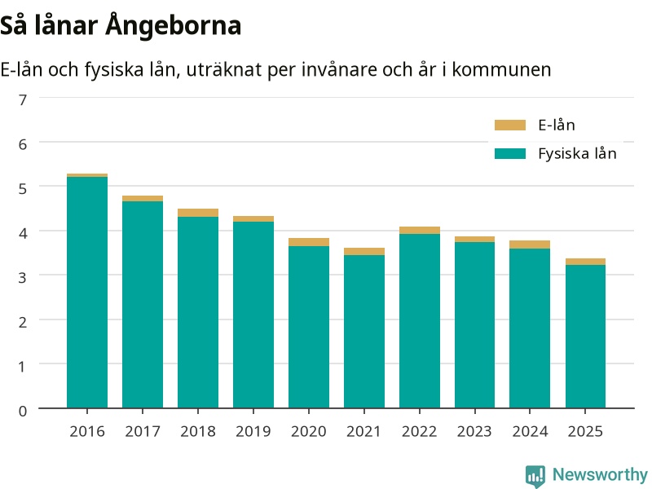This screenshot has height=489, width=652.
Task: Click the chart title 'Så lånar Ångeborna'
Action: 121,26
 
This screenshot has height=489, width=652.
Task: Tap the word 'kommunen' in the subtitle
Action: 501,70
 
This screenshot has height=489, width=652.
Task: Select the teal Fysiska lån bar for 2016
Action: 87,293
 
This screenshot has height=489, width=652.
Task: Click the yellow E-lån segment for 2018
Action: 198,213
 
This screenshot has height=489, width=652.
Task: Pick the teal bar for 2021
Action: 364,332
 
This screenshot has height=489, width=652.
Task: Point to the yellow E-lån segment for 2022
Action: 420,231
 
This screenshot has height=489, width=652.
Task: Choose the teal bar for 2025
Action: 585,337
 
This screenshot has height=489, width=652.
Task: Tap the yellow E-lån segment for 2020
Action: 309,242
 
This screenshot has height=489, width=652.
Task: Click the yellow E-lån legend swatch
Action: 510,126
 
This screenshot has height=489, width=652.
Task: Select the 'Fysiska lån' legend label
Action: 577,154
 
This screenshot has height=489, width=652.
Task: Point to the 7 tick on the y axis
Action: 23,99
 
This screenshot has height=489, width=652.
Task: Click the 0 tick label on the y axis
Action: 23,411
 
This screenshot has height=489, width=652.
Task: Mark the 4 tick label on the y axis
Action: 23,233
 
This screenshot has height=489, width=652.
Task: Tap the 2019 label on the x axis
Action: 253,432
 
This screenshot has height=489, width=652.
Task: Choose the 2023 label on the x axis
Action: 474,432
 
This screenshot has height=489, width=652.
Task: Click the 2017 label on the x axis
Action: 143,432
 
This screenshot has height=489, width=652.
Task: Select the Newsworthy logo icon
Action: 535,476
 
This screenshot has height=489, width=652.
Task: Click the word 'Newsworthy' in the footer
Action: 600,474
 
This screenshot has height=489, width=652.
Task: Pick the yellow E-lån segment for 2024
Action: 530,244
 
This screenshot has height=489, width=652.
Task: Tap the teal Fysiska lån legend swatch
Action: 510,154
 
